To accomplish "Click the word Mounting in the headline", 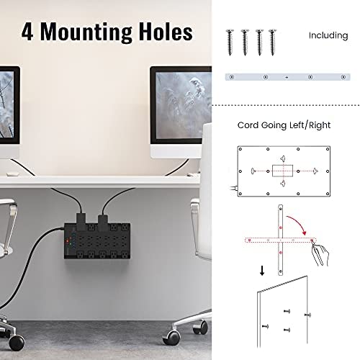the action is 86,32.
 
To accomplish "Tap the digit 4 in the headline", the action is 27,32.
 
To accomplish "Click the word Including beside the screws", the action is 328,35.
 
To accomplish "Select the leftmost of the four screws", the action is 230,42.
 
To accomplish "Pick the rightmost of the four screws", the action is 272,42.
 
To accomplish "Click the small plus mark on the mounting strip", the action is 287,77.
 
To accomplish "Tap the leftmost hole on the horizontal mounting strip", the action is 232,77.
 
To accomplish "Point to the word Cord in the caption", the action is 248,125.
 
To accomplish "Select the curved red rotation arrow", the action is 297,222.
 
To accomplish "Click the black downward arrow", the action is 262,271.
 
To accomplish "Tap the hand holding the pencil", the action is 321,254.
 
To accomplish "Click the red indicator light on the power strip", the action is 68,240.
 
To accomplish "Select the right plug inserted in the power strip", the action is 103,222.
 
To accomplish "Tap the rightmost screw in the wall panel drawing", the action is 307,315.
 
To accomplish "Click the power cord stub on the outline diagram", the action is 233,188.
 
